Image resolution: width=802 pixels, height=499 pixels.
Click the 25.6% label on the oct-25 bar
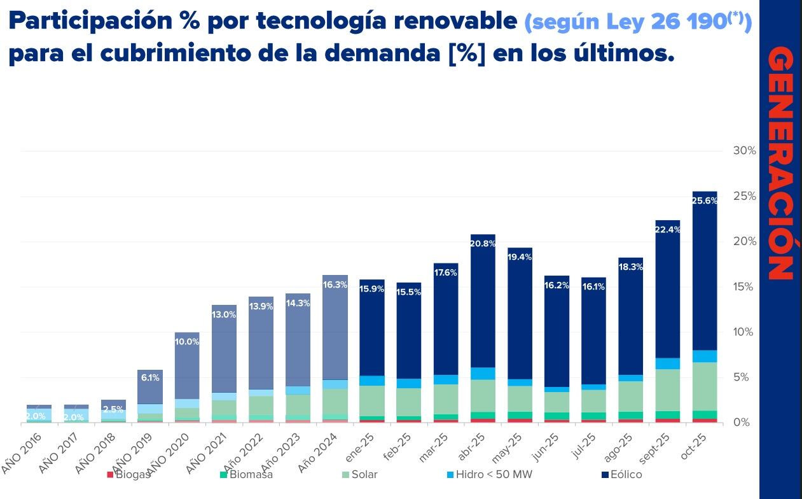pyautogui.click(x=704, y=200)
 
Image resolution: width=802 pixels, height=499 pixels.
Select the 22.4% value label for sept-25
pyautogui.click(x=667, y=230)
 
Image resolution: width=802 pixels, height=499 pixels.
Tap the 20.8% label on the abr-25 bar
pyautogui.click(x=483, y=243)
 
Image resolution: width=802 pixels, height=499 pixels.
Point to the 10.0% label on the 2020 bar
pyautogui.click(x=187, y=342)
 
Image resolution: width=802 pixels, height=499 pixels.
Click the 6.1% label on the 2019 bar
pyautogui.click(x=150, y=377)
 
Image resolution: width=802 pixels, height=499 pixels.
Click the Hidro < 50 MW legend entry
pyautogui.click(x=489, y=475)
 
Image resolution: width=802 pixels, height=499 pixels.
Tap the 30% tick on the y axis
pyautogui.click(x=744, y=151)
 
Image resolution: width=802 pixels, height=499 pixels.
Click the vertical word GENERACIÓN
pyautogui.click(x=780, y=164)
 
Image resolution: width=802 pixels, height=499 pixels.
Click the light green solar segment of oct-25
pyautogui.click(x=704, y=386)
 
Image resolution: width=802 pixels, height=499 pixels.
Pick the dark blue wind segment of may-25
pyautogui.click(x=520, y=318)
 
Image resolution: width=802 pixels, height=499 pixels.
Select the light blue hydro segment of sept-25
pyautogui.click(x=667, y=363)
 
